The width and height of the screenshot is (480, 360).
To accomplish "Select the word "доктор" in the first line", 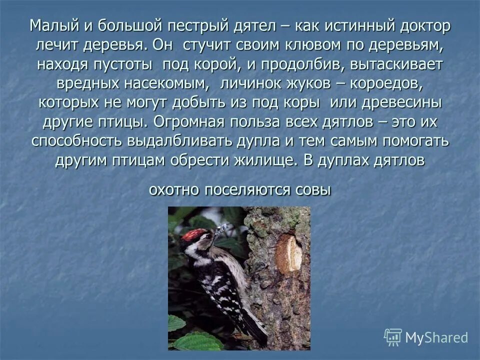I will click(423, 26).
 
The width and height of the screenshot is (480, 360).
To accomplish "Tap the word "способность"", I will click(74, 141).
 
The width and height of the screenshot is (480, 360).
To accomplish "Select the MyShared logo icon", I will click(393, 337).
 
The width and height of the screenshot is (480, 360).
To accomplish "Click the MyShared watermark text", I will click(436, 337).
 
